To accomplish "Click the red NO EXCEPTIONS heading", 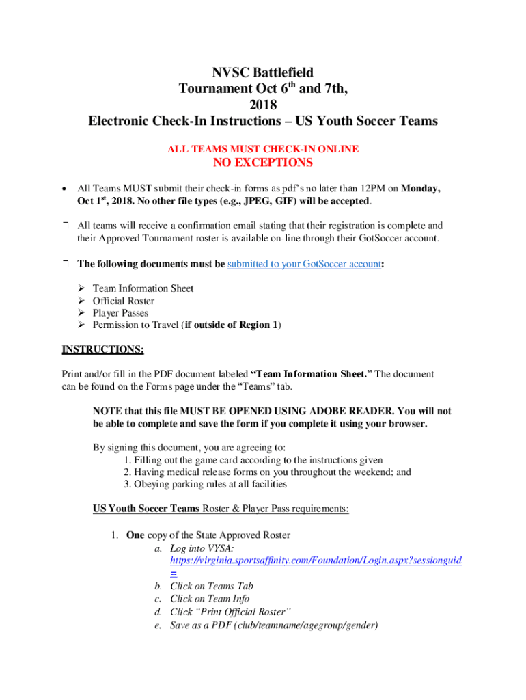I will tap(263, 163).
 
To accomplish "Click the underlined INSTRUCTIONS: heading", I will tap(102, 350).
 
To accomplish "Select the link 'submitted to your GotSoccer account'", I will tap(304, 265).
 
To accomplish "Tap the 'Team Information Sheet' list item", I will tap(143, 288).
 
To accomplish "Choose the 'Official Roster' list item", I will tap(123, 301).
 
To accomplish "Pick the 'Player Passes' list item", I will tap(120, 313).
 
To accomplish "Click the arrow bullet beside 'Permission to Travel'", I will tap(80, 325).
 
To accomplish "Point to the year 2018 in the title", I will tap(263, 105).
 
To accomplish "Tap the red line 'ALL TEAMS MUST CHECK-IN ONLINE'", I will tap(263, 148).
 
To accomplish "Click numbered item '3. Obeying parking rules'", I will tap(205, 484).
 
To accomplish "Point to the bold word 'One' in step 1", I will tap(135, 535).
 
